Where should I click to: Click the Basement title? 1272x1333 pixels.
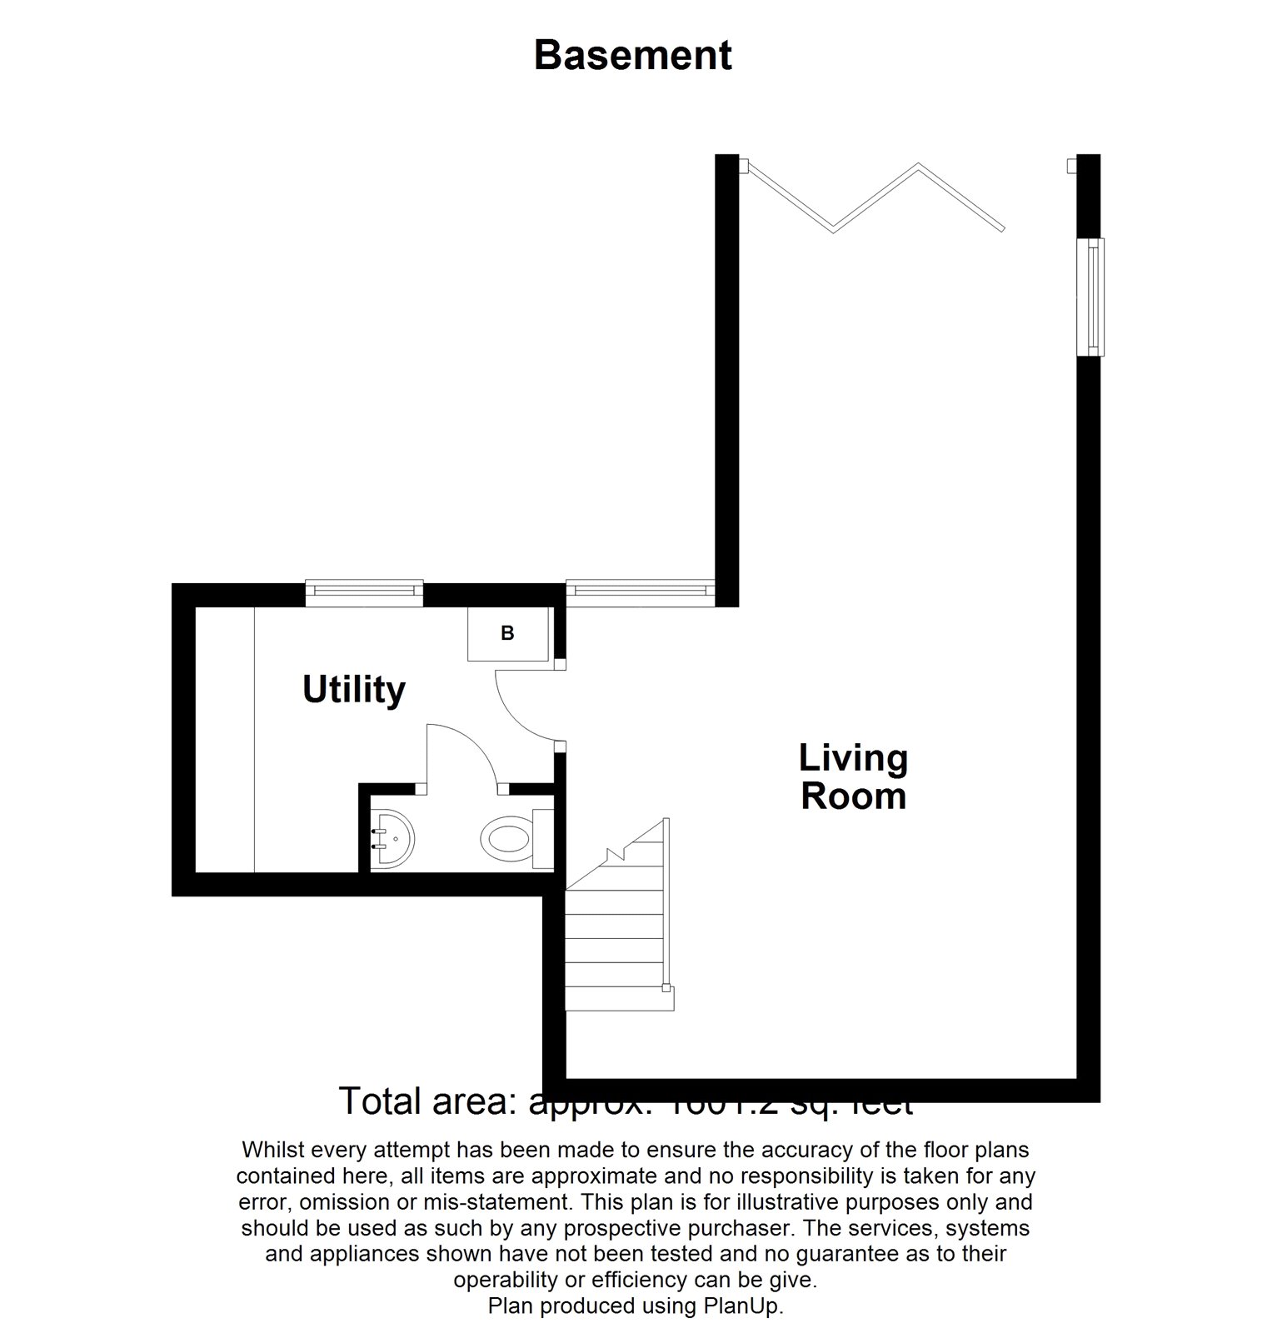click(x=632, y=56)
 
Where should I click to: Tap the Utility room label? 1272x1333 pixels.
click(x=353, y=690)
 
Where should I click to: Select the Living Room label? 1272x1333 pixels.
click(x=853, y=776)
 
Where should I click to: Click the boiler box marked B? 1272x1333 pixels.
click(x=507, y=634)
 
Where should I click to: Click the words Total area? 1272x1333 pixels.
click(x=428, y=1101)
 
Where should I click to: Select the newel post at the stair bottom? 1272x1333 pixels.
click(x=666, y=989)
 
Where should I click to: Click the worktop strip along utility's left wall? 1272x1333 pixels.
click(x=225, y=740)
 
